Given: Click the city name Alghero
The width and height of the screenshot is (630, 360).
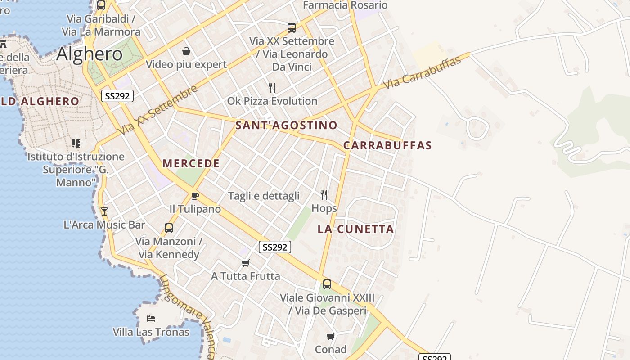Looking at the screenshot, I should point(89,54).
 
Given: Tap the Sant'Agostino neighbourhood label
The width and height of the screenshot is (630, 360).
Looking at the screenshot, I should point(286,125).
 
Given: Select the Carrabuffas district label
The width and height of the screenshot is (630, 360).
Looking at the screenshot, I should point(387,145).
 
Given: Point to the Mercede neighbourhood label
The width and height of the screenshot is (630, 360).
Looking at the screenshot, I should point(191,163).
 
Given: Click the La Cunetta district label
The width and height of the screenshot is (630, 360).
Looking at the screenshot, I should point(355,229).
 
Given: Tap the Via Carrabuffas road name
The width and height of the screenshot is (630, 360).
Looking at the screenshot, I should point(422,72).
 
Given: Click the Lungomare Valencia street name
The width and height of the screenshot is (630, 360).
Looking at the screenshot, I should point(189,315).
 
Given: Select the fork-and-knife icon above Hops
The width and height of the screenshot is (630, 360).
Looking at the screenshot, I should point(324,194).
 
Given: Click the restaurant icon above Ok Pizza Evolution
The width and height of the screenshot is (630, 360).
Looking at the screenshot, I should point(272,87).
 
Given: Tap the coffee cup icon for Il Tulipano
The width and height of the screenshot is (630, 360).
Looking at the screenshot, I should point(195,196).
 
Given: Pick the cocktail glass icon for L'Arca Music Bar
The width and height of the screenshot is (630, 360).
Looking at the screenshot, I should point(104,211).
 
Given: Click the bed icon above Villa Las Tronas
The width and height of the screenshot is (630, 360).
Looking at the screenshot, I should point(151,319).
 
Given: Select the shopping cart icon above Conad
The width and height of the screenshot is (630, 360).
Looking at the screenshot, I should point(331,336).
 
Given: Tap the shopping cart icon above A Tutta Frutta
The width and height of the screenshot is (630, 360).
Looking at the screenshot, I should point(245,263).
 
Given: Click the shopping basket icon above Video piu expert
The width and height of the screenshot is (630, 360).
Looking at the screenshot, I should point(186,51).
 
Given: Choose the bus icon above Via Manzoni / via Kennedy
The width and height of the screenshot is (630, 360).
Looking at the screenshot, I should point(169,228).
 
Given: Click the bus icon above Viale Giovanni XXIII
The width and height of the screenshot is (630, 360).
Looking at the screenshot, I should point(327,284).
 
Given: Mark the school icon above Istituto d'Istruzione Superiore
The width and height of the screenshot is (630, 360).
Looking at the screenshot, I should point(76,144).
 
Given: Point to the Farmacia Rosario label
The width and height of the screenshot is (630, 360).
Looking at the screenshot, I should point(345,5).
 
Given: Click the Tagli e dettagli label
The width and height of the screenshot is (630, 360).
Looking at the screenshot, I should point(264,196).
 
